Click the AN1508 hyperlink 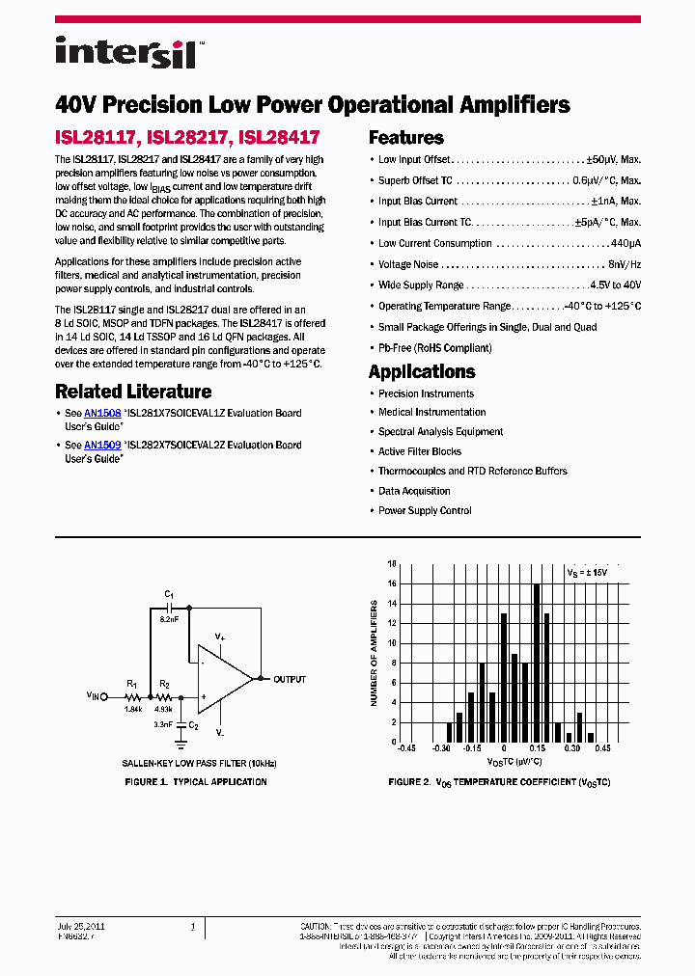(x=102, y=413)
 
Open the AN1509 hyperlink (x=102, y=446)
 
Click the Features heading (x=406, y=138)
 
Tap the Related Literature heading (x=133, y=392)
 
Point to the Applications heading (x=422, y=372)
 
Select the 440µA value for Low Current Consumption (x=625, y=244)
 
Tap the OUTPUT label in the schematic (x=290, y=680)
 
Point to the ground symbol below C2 (x=181, y=744)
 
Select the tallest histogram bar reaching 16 (x=537, y=663)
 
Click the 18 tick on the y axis (x=392, y=563)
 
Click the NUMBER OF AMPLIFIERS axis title (x=375, y=653)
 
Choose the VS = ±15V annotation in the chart (x=588, y=572)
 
